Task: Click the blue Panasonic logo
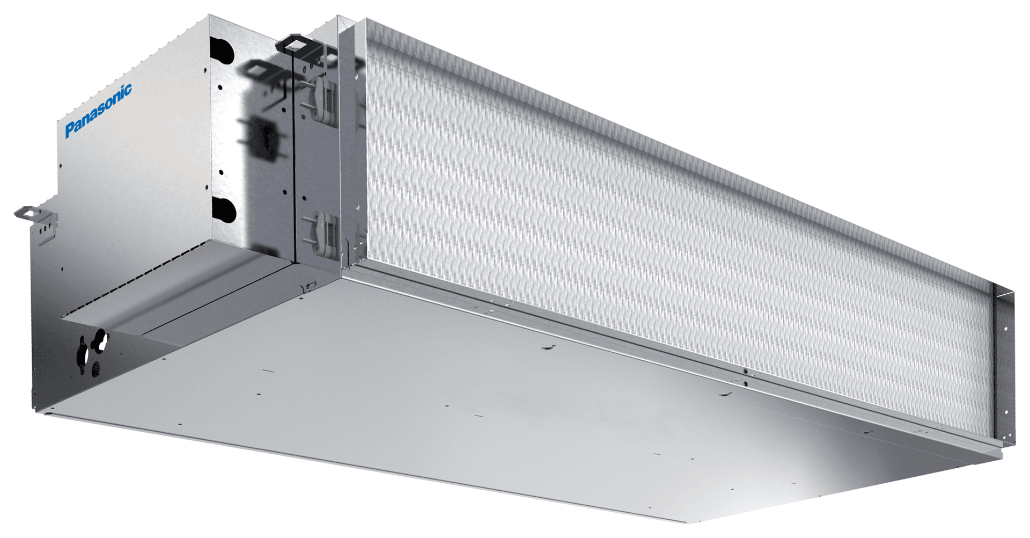98,111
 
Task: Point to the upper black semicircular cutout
222,49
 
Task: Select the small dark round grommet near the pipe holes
97,369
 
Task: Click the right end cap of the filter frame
1003,365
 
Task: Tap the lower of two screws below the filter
745,383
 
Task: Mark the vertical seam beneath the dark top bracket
294,161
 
